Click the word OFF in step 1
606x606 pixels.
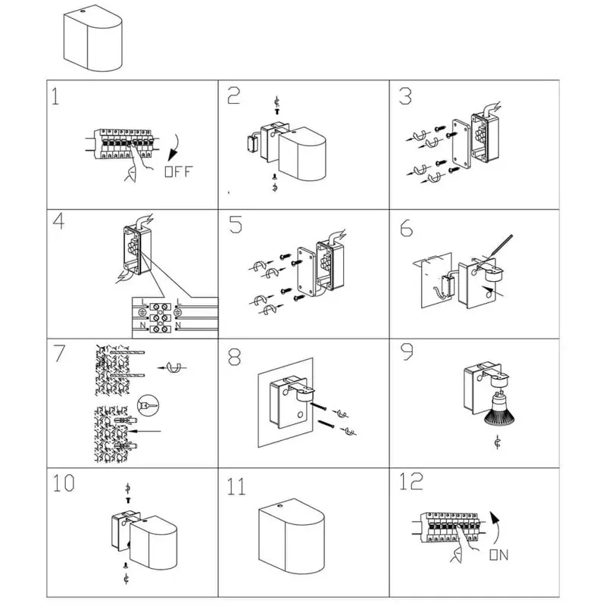point(178,172)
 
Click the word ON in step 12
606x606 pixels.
point(499,555)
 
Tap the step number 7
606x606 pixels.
point(59,353)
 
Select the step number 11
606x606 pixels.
point(236,486)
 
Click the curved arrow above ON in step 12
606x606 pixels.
point(495,528)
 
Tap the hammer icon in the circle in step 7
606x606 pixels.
point(148,405)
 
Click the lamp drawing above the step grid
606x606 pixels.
point(92,38)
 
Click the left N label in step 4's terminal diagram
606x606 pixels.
point(142,326)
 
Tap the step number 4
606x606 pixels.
point(58,221)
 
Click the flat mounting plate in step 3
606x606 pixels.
point(461,143)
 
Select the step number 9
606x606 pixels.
point(407,351)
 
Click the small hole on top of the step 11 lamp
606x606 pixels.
point(280,504)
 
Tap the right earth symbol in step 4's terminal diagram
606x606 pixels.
point(178,312)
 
